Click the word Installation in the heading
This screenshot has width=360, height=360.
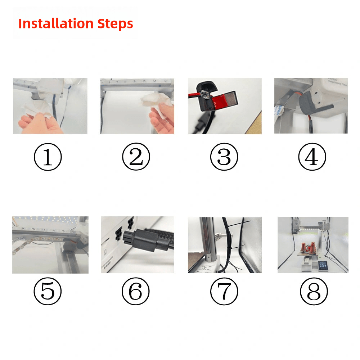tap(56, 24)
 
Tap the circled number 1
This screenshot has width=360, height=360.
tap(48, 157)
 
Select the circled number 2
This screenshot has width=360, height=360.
tap(136, 157)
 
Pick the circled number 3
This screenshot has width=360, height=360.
tap(224, 157)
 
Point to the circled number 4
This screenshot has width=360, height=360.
tap(312, 157)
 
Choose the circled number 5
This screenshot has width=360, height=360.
tap(48, 291)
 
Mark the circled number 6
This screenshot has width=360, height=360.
tap(136, 291)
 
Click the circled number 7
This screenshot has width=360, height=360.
tap(224, 291)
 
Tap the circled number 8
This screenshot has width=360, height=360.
tap(314, 291)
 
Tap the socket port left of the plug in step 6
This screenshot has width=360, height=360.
tap(118, 236)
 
